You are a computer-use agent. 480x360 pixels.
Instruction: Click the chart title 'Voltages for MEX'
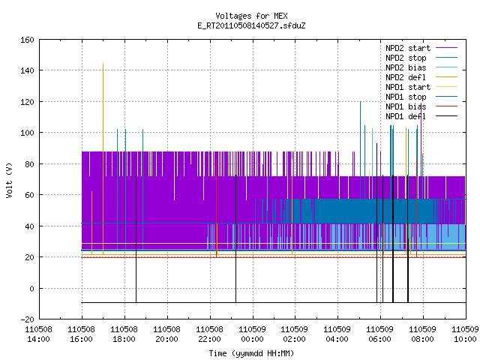pyautogui.click(x=251, y=16)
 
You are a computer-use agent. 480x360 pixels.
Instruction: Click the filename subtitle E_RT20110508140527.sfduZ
pyautogui.click(x=251, y=25)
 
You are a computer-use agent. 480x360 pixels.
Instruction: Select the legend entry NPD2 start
pyautogui.click(x=421, y=48)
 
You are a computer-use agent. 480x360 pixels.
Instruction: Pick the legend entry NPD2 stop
pyautogui.click(x=421, y=58)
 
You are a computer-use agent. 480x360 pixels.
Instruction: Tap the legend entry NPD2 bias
pyautogui.click(x=421, y=67)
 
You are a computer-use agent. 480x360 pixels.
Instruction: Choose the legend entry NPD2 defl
pyautogui.click(x=421, y=77)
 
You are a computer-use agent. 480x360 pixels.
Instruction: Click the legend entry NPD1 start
pyautogui.click(x=421, y=87)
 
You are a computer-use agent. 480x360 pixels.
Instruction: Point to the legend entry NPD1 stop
pyautogui.click(x=421, y=97)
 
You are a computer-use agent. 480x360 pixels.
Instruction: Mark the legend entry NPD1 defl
pyautogui.click(x=421, y=116)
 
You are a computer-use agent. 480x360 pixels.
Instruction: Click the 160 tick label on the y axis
pyautogui.click(x=27, y=40)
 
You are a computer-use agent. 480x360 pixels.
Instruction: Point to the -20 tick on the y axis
pyautogui.click(x=27, y=319)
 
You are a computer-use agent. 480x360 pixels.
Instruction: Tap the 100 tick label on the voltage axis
pyautogui.click(x=27, y=133)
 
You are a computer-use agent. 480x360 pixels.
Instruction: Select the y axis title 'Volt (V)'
pyautogui.click(x=10, y=180)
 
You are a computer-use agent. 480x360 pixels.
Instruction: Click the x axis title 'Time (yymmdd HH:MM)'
pyautogui.click(x=251, y=353)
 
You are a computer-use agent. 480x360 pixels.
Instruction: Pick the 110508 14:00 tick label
pyautogui.click(x=38, y=334)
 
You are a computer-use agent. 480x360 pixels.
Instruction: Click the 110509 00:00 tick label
pyautogui.click(x=252, y=334)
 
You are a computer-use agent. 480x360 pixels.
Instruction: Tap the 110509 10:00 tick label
pyautogui.click(x=465, y=334)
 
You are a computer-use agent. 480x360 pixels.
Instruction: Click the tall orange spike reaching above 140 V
pyautogui.click(x=103, y=159)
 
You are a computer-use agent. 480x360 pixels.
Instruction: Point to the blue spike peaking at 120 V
pyautogui.click(x=360, y=150)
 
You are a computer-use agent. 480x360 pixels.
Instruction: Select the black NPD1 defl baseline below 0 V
pyautogui.click(x=274, y=303)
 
